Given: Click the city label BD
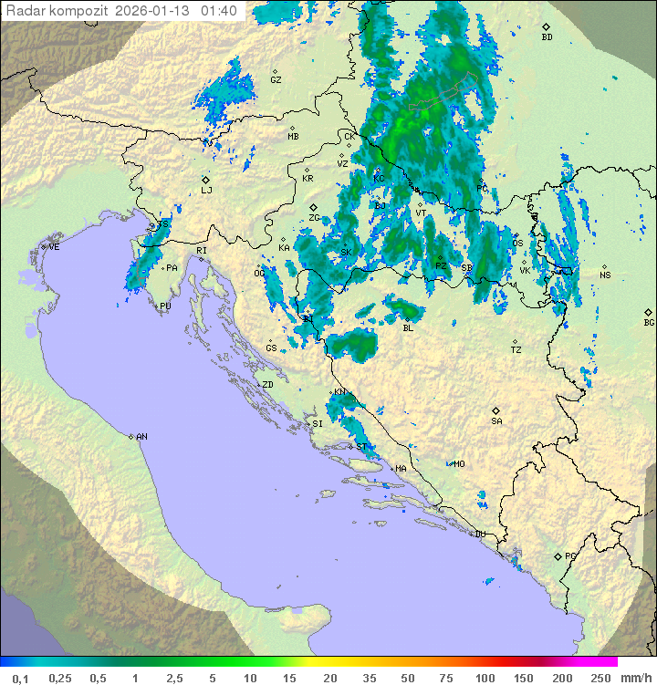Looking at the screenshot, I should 547,37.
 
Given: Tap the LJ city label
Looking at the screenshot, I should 206,190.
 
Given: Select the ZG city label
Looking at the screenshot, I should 314,218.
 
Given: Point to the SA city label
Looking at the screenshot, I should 496,420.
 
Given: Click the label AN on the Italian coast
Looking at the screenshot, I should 141,437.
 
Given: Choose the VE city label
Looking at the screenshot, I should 54,247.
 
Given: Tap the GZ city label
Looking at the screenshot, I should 276,80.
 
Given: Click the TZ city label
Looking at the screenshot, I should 516,350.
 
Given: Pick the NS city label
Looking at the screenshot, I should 605,275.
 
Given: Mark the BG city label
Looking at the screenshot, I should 649,322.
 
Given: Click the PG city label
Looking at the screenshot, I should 570,555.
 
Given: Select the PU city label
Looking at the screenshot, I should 165,306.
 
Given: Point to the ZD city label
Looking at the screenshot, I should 267,385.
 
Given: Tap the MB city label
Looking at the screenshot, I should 293,137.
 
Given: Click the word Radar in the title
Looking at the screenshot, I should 24,11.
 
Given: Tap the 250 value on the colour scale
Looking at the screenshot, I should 600,678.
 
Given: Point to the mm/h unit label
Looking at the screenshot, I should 635,678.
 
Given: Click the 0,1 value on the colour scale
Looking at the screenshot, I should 20,678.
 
